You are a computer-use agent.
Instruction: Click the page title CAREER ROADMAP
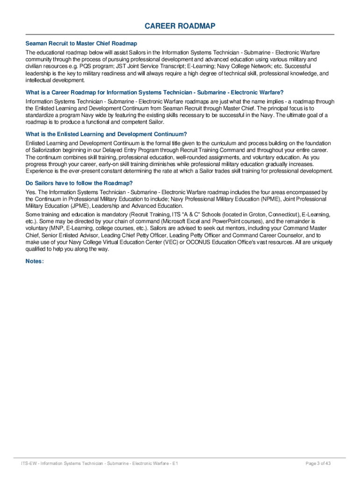pos(180,26)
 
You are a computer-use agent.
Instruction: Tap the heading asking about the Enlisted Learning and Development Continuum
pos(106,134)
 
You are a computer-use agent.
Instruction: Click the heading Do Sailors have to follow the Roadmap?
pos(79,183)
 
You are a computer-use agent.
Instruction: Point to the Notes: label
pos(35,261)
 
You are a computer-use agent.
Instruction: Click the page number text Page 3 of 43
pos(318,464)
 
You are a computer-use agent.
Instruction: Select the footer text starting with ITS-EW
pos(99,464)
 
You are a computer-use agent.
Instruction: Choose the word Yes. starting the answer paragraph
pos(30,192)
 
